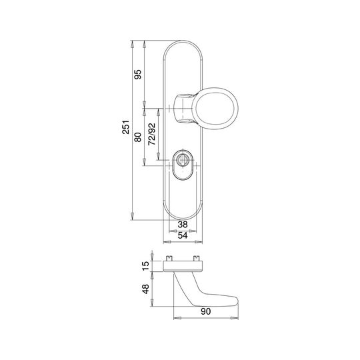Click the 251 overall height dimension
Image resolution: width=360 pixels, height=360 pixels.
point(126,127)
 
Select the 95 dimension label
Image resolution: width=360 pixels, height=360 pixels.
point(138,75)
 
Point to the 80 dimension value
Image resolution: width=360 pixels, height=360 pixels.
point(138,137)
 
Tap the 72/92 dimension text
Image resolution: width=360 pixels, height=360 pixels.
point(152,134)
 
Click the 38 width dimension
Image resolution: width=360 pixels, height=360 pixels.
point(183,224)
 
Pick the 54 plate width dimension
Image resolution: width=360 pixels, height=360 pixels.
point(183,235)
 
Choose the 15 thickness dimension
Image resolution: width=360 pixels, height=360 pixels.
point(146,266)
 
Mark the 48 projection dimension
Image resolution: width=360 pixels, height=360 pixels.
point(146,289)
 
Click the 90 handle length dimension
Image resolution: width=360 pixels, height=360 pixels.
point(206,311)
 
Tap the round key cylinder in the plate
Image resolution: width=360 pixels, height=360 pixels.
point(183,159)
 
